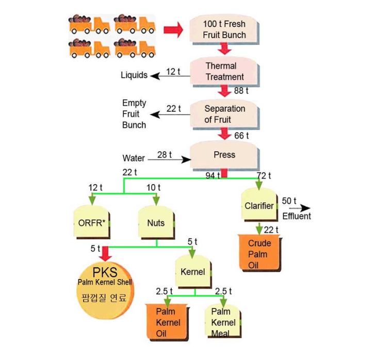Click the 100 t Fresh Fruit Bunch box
click(224, 30)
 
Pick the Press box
click(224, 155)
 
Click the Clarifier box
click(259, 206)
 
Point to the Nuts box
click(155, 223)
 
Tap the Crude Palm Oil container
click(259, 253)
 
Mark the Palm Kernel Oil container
click(166, 322)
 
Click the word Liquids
click(134, 75)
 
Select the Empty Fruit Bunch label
click(134, 114)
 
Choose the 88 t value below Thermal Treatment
click(240, 91)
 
